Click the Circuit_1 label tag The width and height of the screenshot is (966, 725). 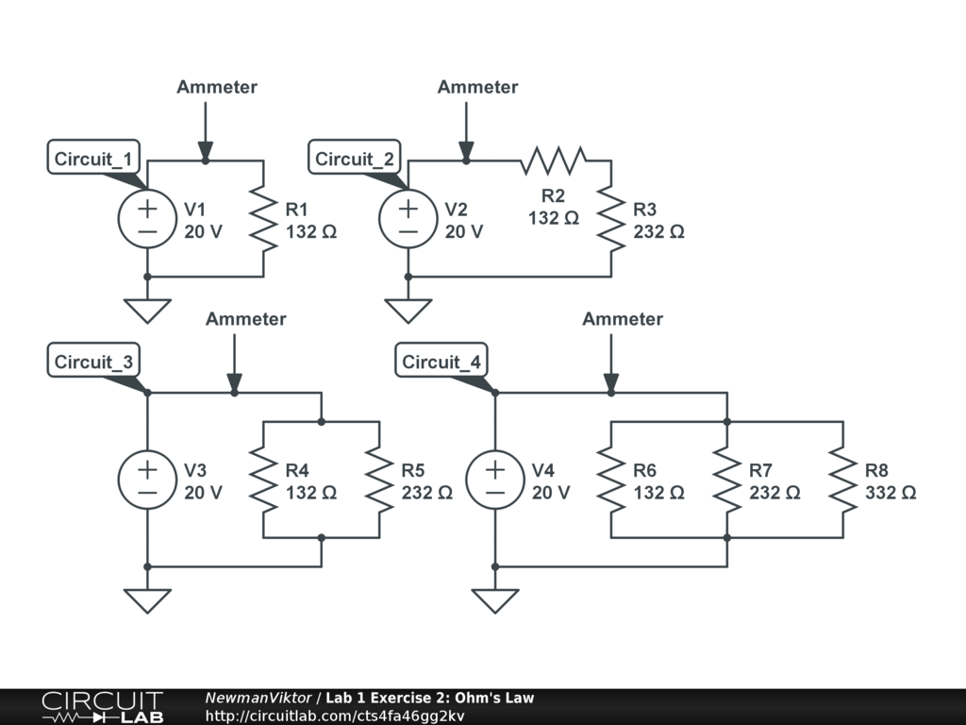pyautogui.click(x=94, y=159)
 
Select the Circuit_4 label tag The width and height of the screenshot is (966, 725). pyautogui.click(x=441, y=362)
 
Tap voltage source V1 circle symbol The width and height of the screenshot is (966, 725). pyautogui.click(x=146, y=219)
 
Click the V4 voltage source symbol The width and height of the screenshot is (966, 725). pyautogui.click(x=494, y=480)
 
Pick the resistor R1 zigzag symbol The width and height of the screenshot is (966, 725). pyautogui.click(x=263, y=219)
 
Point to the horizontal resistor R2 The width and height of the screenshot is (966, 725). pyautogui.click(x=554, y=160)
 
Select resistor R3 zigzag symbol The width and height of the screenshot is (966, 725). pyautogui.click(x=611, y=219)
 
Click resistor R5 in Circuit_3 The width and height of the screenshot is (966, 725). pyautogui.click(x=379, y=480)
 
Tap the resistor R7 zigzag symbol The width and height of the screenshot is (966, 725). pyautogui.click(x=727, y=480)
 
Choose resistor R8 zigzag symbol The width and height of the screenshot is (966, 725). pyautogui.click(x=843, y=480)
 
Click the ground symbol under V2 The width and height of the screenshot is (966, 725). pyautogui.click(x=408, y=311)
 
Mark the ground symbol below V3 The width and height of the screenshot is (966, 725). pyautogui.click(x=147, y=600)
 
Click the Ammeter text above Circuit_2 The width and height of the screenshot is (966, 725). pyautogui.click(x=477, y=87)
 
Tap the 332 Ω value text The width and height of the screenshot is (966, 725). pyautogui.click(x=891, y=493)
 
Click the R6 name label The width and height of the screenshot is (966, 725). pyautogui.click(x=644, y=469)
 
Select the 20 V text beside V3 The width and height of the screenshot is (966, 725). pyautogui.click(x=203, y=493)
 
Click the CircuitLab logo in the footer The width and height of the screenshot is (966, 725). pyautogui.click(x=102, y=707)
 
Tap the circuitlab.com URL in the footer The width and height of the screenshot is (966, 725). pyautogui.click(x=335, y=716)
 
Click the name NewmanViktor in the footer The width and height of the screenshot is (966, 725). pyautogui.click(x=258, y=699)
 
